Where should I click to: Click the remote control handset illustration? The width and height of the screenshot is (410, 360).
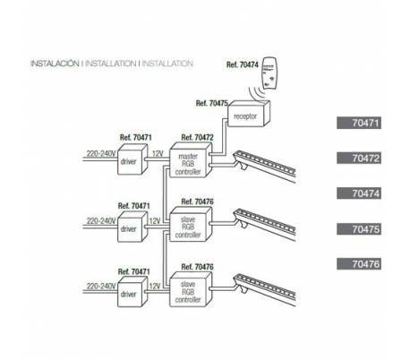click(x=269, y=73)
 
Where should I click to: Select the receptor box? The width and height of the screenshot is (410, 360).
click(x=249, y=114)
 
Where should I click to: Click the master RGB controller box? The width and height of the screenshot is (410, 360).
click(x=191, y=160)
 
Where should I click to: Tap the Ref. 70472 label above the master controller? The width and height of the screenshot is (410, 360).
click(x=197, y=138)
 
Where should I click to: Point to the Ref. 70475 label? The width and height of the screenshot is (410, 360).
click(x=212, y=103)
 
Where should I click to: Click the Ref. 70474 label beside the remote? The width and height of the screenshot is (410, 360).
click(x=242, y=64)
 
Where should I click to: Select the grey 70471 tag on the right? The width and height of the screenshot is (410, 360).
click(x=359, y=123)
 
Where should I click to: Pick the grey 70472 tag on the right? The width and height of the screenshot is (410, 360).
click(x=359, y=158)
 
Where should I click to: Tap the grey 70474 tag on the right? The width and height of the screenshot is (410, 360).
click(x=359, y=193)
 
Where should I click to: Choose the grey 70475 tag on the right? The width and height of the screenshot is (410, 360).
click(x=359, y=229)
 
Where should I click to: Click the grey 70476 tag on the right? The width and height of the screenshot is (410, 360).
click(x=359, y=264)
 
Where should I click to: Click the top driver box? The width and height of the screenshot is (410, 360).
click(x=132, y=159)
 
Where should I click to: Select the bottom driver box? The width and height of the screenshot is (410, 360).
click(x=132, y=291)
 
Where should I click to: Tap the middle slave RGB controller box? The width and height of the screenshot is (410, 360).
click(x=191, y=224)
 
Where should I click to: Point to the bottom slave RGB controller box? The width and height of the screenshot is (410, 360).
click(x=191, y=289)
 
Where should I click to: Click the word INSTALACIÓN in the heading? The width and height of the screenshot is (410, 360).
click(x=55, y=64)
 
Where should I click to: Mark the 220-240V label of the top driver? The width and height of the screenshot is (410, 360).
click(x=101, y=154)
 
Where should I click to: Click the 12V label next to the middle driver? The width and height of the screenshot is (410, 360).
click(x=155, y=221)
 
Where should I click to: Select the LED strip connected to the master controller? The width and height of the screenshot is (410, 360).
click(x=264, y=167)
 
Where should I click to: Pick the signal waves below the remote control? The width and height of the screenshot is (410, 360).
click(x=257, y=93)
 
